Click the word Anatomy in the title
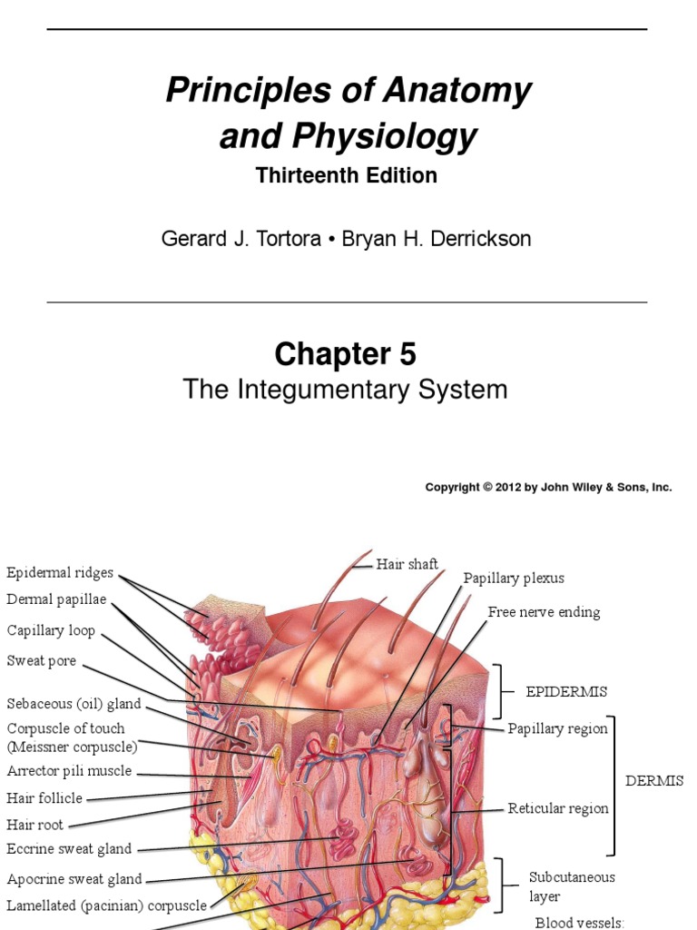(460, 91)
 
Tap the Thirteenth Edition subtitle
(347, 175)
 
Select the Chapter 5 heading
(346, 353)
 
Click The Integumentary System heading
(345, 390)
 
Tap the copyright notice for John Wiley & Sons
(548, 488)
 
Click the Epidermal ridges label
(60, 572)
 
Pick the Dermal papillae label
(56, 599)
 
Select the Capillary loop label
(51, 630)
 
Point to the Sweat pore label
(42, 660)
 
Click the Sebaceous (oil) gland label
(74, 704)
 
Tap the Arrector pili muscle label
(70, 771)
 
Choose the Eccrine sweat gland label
(70, 849)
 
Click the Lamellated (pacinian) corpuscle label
(107, 905)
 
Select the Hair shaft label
(407, 564)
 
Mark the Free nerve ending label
(544, 612)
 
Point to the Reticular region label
(558, 808)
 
